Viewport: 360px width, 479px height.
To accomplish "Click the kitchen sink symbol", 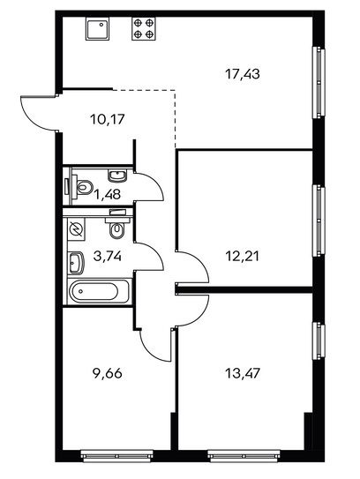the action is pos(97,28).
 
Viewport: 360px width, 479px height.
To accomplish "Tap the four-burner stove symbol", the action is pos(144,28).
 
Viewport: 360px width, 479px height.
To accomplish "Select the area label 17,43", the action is pos(243,74).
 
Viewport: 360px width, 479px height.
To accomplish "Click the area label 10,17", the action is pos(108,119).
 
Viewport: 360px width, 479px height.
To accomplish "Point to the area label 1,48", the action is pos(108,194).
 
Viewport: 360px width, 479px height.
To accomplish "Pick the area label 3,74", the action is pos(108,256).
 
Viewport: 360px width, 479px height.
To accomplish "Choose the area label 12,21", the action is pos(243,256).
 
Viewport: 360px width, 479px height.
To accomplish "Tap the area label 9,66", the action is pos(108,373).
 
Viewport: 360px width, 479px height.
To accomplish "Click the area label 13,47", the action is pos(243,373).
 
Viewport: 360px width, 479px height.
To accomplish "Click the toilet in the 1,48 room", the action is pos(80,186).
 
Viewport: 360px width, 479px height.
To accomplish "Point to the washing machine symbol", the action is pos(76,228).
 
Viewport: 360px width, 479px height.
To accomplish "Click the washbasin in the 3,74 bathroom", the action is pos(76,263).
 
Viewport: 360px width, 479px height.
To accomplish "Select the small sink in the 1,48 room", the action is pos(117,176).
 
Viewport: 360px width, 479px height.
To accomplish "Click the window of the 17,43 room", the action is pos(319,83).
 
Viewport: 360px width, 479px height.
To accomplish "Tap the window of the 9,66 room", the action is pos(117,456).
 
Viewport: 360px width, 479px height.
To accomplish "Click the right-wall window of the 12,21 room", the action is pos(319,221).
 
